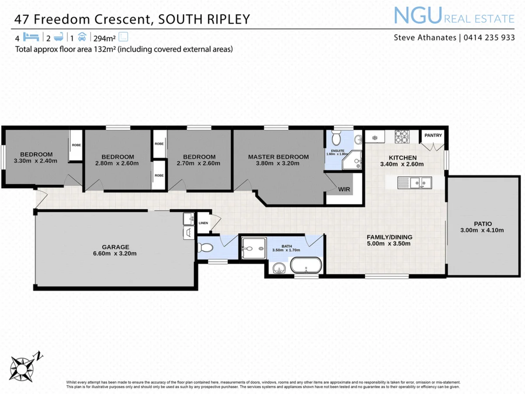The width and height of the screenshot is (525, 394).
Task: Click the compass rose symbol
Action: coord(22,365)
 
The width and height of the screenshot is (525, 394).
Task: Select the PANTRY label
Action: coord(433,135)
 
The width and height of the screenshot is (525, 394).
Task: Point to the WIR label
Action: coord(344,190)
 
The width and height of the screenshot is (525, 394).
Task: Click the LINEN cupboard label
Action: coord(203,223)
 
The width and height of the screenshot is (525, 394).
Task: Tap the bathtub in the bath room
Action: coord(306,265)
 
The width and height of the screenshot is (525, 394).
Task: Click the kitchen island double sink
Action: coord(414,182)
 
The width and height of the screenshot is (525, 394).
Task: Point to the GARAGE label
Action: coord(115,247)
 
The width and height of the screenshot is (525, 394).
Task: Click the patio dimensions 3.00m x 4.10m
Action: coord(482,230)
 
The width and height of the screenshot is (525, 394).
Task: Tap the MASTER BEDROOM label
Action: coord(278,157)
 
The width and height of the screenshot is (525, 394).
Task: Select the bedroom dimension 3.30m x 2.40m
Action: coord(35,161)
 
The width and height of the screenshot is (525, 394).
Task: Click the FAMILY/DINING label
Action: coord(389,237)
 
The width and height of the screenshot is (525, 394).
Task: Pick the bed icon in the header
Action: coord(32,37)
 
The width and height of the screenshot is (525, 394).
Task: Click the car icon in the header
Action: coord(83,37)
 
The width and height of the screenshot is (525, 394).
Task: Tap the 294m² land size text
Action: coord(103,38)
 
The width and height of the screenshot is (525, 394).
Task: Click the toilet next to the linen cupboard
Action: coord(204,248)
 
